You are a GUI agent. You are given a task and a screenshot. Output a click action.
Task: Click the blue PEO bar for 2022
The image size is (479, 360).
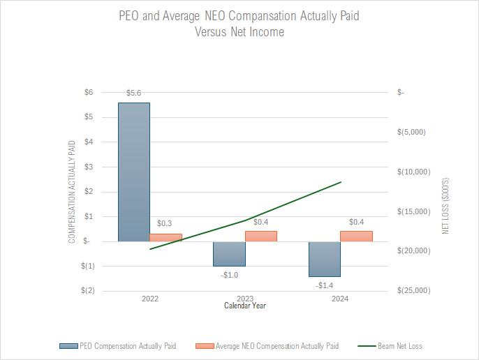(133, 172)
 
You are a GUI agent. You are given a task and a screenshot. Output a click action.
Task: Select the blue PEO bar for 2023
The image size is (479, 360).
(229, 254)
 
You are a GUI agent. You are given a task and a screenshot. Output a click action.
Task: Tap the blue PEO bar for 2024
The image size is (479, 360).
(324, 259)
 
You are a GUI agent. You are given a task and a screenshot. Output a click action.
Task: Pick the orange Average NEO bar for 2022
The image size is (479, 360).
(165, 237)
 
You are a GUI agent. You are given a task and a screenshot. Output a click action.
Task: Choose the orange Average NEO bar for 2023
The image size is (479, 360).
(261, 236)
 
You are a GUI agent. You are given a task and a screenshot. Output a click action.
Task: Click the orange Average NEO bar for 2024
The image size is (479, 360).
(356, 236)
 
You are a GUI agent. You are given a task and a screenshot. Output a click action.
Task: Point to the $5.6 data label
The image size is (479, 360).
(134, 93)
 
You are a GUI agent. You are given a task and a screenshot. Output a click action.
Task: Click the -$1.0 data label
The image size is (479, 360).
(229, 275)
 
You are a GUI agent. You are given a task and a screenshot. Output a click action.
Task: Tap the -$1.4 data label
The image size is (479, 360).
(325, 286)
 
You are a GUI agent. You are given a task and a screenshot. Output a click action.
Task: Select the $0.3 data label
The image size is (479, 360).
(165, 223)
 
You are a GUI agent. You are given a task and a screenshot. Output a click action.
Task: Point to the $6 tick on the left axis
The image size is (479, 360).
(88, 92)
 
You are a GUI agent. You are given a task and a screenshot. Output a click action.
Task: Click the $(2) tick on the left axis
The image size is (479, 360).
(87, 290)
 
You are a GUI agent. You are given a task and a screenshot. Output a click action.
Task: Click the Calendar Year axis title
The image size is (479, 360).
(244, 306)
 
